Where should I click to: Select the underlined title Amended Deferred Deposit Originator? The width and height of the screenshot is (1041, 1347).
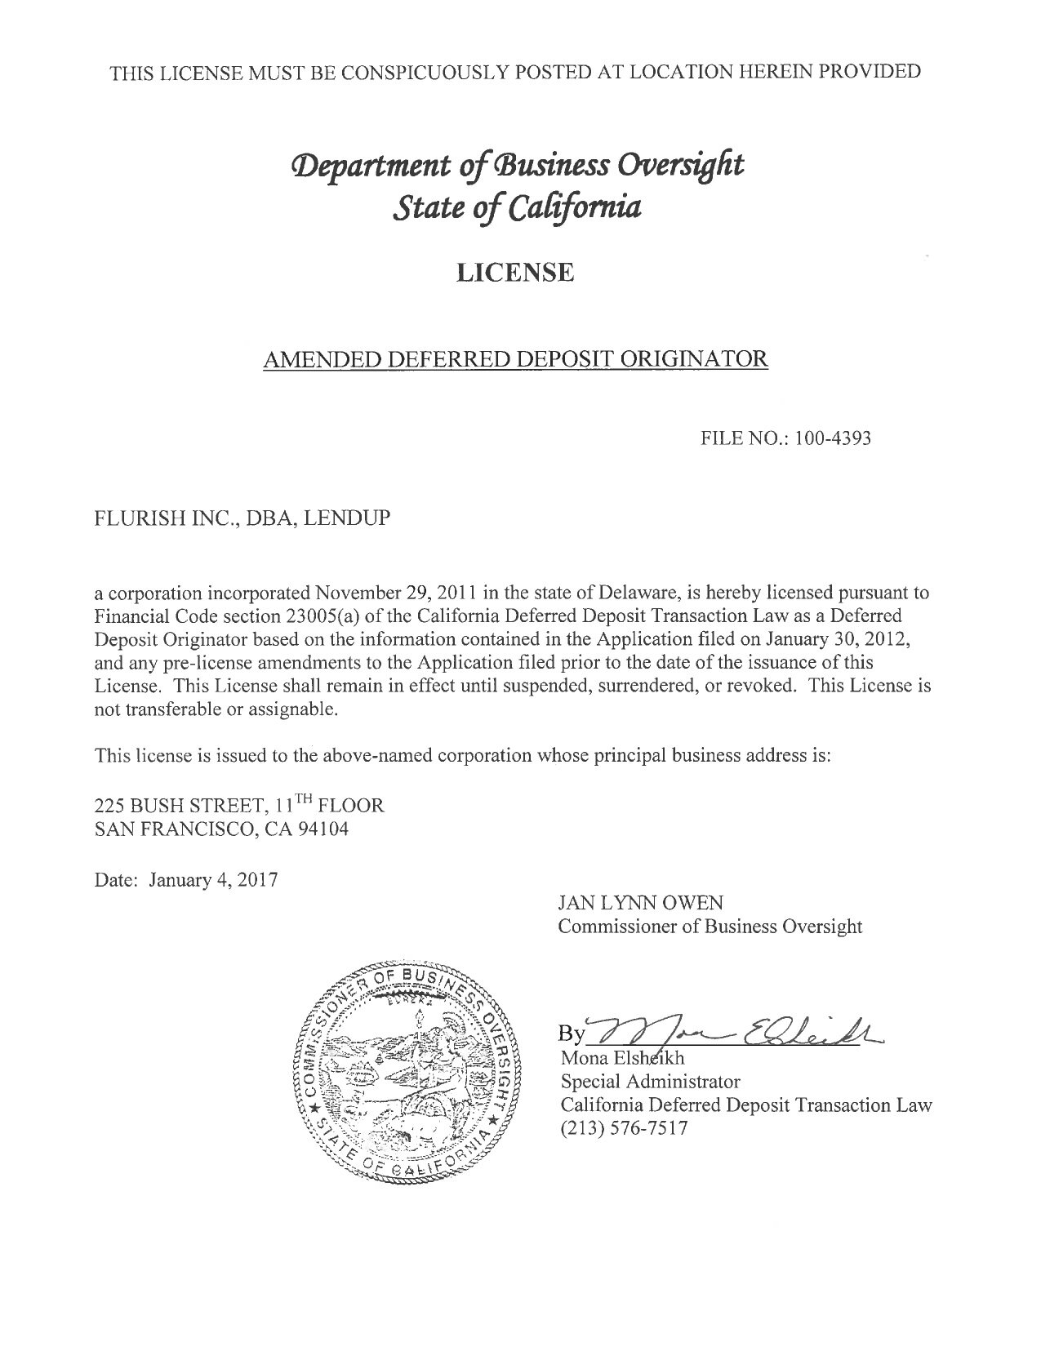click(x=515, y=358)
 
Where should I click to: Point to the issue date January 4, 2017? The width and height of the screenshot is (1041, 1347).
click(x=212, y=880)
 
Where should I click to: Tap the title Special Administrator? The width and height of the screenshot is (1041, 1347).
click(x=650, y=1082)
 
